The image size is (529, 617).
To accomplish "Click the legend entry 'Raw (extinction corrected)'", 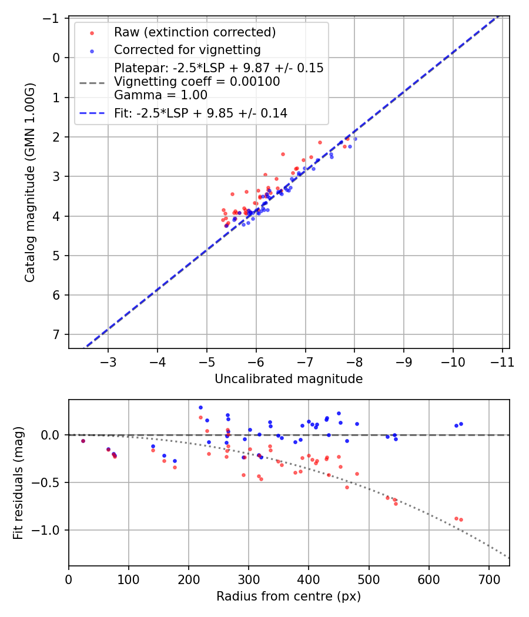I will coord(195,32).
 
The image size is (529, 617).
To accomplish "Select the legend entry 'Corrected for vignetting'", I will coord(187,49).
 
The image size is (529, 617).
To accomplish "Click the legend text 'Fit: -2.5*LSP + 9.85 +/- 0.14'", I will coord(200,113).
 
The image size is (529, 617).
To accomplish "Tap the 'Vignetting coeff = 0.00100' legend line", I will coord(197,82).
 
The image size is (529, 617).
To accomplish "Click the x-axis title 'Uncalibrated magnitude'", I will coord(289,379).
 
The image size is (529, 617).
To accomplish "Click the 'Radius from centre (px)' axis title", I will coord(289,596).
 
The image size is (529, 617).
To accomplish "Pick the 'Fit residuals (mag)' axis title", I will coord(18,483).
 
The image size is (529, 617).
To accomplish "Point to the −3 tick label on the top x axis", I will coord(109,361).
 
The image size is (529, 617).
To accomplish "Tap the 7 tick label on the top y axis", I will coord(56,334).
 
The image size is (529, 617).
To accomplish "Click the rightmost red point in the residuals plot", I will coord(461,519).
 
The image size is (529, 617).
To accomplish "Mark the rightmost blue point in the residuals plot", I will coord(461,424).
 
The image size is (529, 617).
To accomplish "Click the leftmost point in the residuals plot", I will coord(83,441).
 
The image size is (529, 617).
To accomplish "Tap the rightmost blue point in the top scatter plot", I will coord(355,139).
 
